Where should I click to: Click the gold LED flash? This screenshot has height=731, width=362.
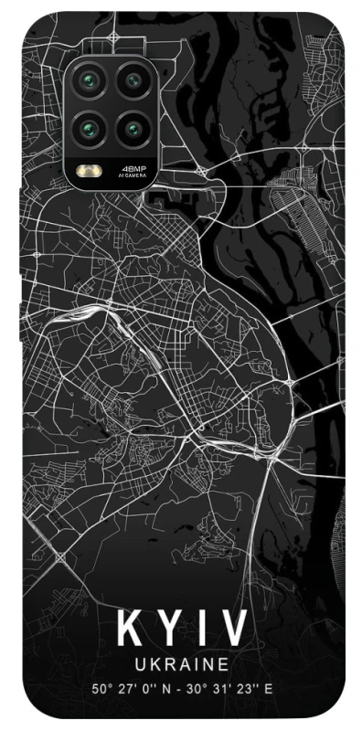(92, 170)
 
